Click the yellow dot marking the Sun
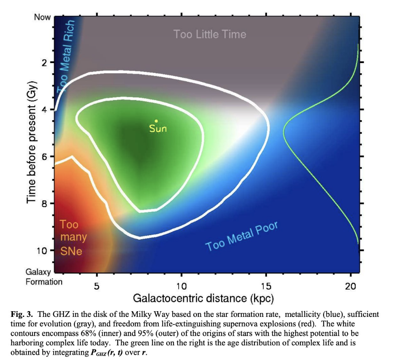(x=156, y=121)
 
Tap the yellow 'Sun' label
(x=158, y=129)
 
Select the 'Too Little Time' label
(x=210, y=34)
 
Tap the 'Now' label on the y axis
(x=43, y=18)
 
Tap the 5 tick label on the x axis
(x=97, y=286)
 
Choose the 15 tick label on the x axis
(x=266, y=286)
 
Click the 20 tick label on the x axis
(x=350, y=286)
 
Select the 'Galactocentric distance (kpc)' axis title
(x=203, y=299)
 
